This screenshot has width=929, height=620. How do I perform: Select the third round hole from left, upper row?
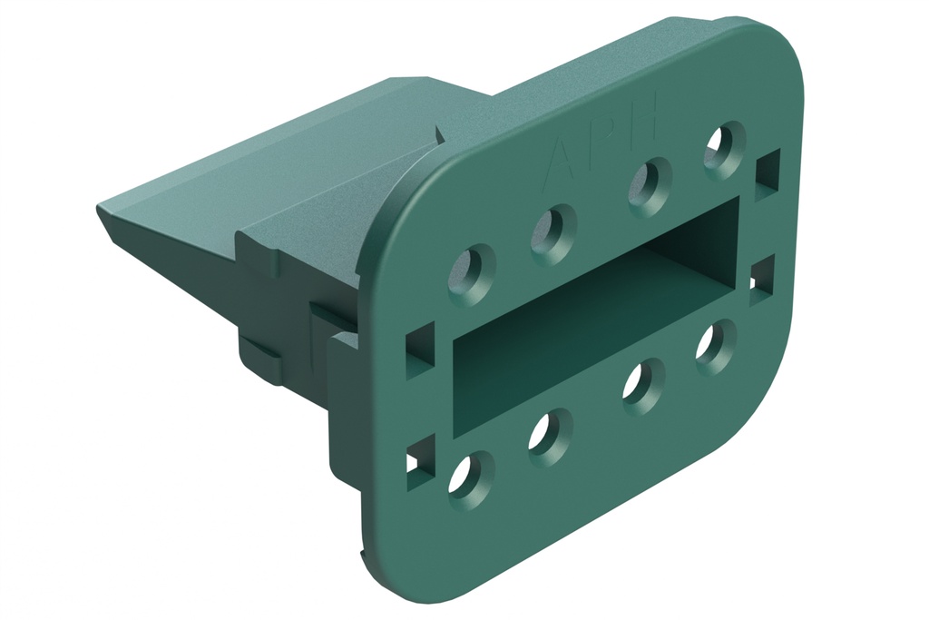click(x=650, y=184)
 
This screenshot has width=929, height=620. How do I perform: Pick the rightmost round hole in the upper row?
click(x=723, y=146)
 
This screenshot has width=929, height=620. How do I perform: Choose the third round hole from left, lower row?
click(x=642, y=385)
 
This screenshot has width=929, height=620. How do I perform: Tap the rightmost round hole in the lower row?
click(x=715, y=346)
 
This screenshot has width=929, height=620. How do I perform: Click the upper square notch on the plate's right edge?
click(x=767, y=171)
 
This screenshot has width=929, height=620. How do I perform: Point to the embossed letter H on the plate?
click(x=644, y=119)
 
